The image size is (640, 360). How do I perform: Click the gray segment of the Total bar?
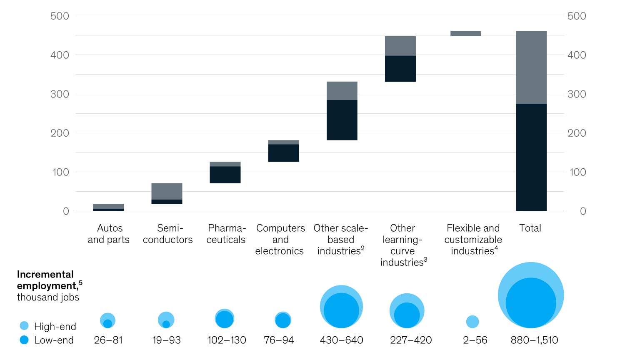point(531,67)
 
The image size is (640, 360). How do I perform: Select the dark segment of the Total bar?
point(531,157)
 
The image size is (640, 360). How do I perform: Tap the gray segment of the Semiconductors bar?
point(167,191)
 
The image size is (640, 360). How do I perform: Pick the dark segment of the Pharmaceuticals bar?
point(225,175)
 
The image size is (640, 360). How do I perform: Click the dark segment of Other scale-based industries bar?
point(342,120)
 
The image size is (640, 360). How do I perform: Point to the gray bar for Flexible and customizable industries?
point(465,33)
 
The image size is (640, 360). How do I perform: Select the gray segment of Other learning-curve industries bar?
point(400,46)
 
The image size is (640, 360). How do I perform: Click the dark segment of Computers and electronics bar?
point(283,153)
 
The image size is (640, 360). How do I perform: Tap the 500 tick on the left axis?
point(60,16)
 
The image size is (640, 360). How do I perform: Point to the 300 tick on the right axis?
point(577,94)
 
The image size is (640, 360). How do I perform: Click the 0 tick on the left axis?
point(66,211)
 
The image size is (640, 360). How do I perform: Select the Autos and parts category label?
point(109,234)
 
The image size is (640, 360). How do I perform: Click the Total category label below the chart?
point(530,228)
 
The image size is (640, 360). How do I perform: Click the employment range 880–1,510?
point(534,340)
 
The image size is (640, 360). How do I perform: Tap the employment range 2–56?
point(475,340)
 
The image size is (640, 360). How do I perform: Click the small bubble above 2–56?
point(472,322)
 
